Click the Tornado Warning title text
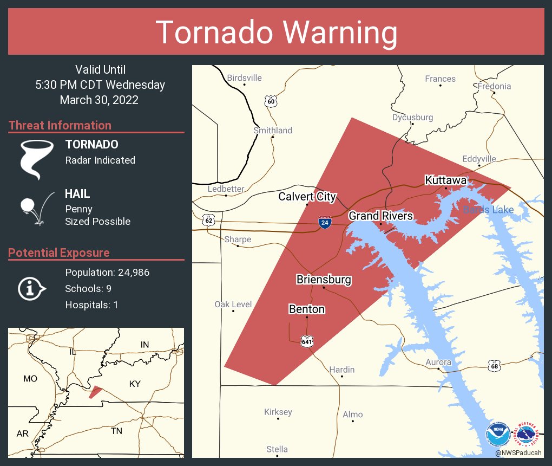coord(277,33)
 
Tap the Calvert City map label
coord(307,196)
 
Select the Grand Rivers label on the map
coord(380,216)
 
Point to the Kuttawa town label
coord(446,180)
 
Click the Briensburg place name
coord(324,280)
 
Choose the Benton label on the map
coord(307,309)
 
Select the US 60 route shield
coord(271,101)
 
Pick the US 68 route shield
coord(495,366)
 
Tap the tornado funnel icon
coord(36,159)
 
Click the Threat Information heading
coord(60,125)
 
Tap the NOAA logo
coord(498,434)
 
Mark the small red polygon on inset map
coord(95,391)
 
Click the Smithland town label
coord(273,130)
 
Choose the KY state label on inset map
coord(135,384)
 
